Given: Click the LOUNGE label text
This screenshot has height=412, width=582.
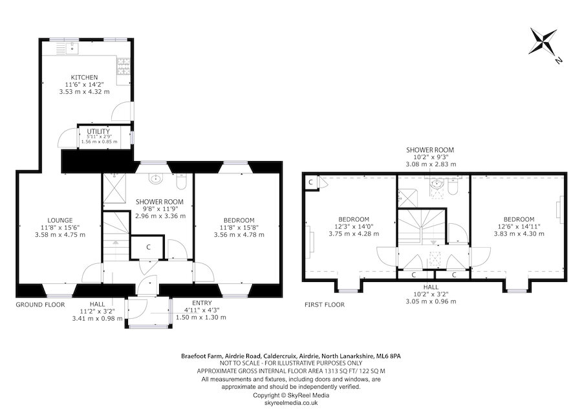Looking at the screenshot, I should point(59,220).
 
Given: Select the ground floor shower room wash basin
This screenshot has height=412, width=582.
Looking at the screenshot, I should point(155,179).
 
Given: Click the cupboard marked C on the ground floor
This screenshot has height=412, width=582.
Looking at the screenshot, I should point(147,247).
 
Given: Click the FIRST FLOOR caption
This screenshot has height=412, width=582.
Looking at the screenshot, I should point(325,304).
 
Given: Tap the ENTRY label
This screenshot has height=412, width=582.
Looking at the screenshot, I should point(201,303).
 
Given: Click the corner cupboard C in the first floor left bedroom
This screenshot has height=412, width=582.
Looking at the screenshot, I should point(311,183).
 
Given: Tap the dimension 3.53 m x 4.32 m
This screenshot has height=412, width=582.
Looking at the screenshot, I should point(84,92).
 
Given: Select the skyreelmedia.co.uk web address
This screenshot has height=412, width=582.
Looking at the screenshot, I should point(291,402).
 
